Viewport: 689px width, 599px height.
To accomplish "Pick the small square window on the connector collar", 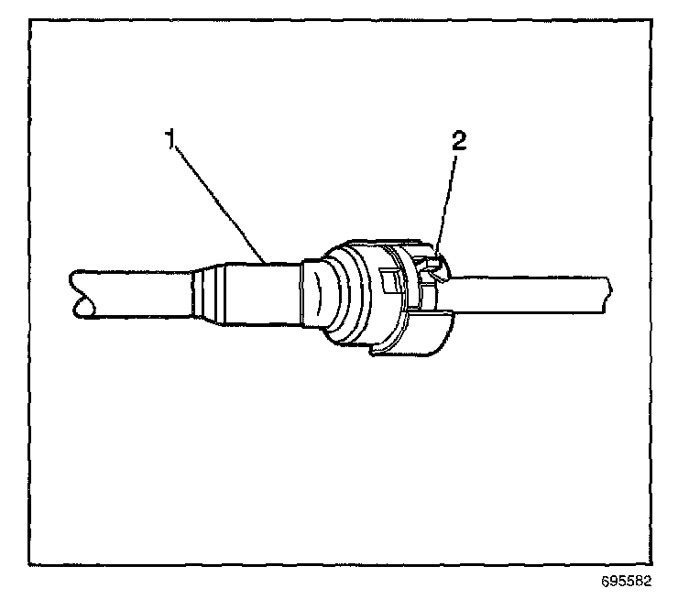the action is click(388, 278).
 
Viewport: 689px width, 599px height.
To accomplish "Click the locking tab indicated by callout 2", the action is click(432, 268).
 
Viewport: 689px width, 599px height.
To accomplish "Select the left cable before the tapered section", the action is click(137, 293).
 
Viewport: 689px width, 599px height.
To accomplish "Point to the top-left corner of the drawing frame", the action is click(31, 20).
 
